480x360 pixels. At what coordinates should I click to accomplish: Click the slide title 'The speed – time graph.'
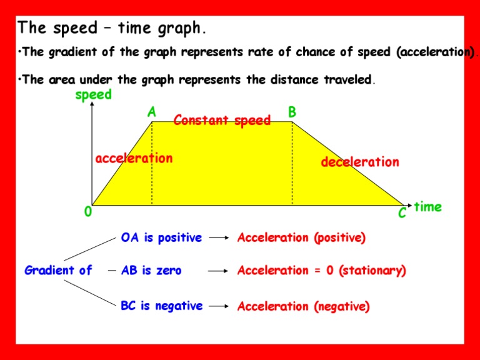[111, 28]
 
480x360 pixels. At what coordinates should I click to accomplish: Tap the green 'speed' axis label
[93, 95]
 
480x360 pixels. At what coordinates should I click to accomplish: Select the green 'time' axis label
[427, 207]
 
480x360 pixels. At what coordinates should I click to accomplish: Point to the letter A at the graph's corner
[151, 112]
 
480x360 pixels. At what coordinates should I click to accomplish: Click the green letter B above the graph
[292, 112]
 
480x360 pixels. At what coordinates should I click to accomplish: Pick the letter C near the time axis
[402, 214]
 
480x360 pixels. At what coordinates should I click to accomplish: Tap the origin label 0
[87, 212]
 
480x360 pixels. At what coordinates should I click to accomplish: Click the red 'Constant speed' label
[222, 121]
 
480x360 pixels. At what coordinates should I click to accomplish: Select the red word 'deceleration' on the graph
[359, 162]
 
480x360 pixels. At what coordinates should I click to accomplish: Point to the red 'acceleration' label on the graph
[134, 159]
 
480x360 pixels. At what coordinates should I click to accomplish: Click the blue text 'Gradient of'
[58, 271]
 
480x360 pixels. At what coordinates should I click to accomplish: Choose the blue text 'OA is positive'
[161, 238]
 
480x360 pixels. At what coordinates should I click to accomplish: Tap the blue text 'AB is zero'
[151, 271]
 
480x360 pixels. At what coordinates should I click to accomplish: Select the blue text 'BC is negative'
[161, 306]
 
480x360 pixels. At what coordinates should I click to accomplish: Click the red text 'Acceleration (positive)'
[301, 238]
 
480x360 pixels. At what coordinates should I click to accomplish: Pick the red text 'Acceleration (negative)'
[303, 306]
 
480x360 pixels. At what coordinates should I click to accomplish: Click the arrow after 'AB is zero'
[219, 271]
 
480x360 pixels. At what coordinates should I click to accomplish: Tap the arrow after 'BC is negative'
[219, 306]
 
